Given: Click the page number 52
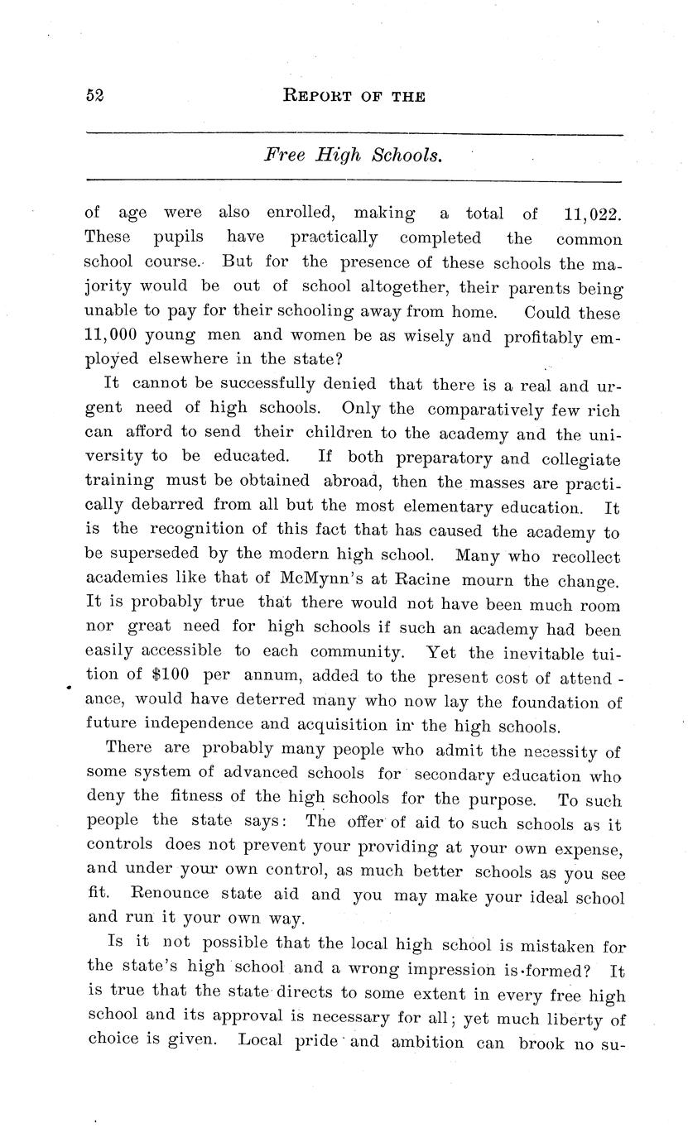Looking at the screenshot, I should click(94, 95).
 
